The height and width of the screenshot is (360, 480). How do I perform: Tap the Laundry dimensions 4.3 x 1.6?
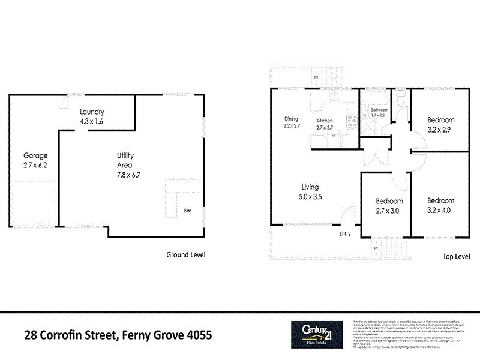pyautogui.click(x=92, y=121)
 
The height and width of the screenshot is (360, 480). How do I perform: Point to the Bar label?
pyautogui.click(x=187, y=211)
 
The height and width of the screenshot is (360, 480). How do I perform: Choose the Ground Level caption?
pyautogui.click(x=185, y=254)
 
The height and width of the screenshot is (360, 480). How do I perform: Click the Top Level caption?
pyautogui.click(x=455, y=256)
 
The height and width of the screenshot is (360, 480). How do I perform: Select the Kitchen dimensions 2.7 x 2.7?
pyautogui.click(x=325, y=127)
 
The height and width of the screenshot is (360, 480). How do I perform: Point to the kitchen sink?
pyautogui.click(x=334, y=98)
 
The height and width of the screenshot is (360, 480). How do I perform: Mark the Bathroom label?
pyautogui.click(x=379, y=110)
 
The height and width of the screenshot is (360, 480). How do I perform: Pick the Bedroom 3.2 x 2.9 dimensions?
pyautogui.click(x=440, y=129)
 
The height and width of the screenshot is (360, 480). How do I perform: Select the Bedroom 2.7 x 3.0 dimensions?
pyautogui.click(x=388, y=211)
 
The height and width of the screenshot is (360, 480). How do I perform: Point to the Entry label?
pyautogui.click(x=345, y=234)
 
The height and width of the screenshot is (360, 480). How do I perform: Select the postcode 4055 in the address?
pyautogui.click(x=194, y=334)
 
